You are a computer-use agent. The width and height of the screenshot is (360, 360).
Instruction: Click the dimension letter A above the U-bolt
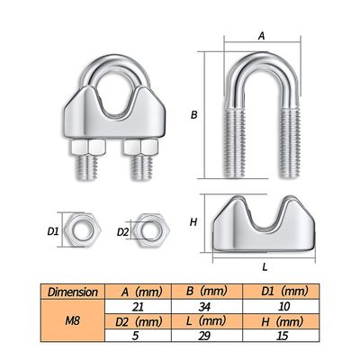261,36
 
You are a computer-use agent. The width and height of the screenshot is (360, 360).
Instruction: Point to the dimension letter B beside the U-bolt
193,115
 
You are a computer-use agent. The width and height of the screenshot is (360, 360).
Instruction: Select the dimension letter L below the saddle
262,266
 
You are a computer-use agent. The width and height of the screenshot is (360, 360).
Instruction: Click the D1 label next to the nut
52,232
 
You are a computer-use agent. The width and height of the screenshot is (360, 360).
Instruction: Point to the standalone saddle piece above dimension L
262,222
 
